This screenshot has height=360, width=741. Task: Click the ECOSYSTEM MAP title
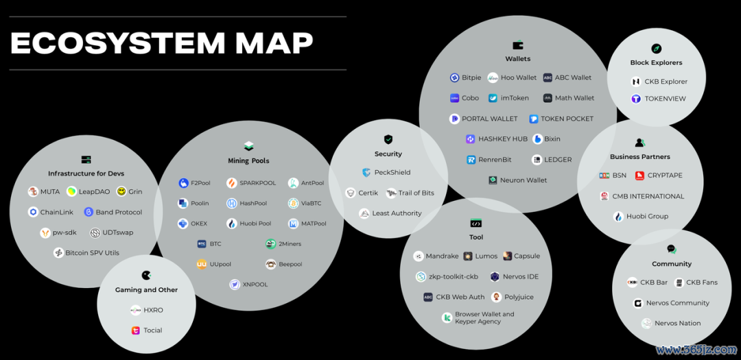162,43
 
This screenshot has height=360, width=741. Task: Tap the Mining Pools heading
248,161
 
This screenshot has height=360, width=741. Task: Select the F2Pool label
201,184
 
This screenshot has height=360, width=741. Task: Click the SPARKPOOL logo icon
232,184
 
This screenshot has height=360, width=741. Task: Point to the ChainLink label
56,213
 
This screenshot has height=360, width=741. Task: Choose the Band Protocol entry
119,213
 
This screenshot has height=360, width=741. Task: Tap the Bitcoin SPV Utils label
92,253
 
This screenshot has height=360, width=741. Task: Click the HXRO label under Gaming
153,311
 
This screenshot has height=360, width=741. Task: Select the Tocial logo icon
136,331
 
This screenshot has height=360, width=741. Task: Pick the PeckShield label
392,173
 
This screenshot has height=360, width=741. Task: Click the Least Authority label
397,214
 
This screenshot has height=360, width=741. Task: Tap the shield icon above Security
388,139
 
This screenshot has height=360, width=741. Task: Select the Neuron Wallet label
524,180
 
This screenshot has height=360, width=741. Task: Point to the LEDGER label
558,160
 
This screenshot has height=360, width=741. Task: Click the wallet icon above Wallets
518,45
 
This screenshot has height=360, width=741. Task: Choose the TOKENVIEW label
665,99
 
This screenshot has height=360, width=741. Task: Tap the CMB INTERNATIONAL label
648,196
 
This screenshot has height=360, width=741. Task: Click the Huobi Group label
647,217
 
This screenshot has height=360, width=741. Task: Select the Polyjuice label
519,298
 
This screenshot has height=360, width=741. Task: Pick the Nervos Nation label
677,324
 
